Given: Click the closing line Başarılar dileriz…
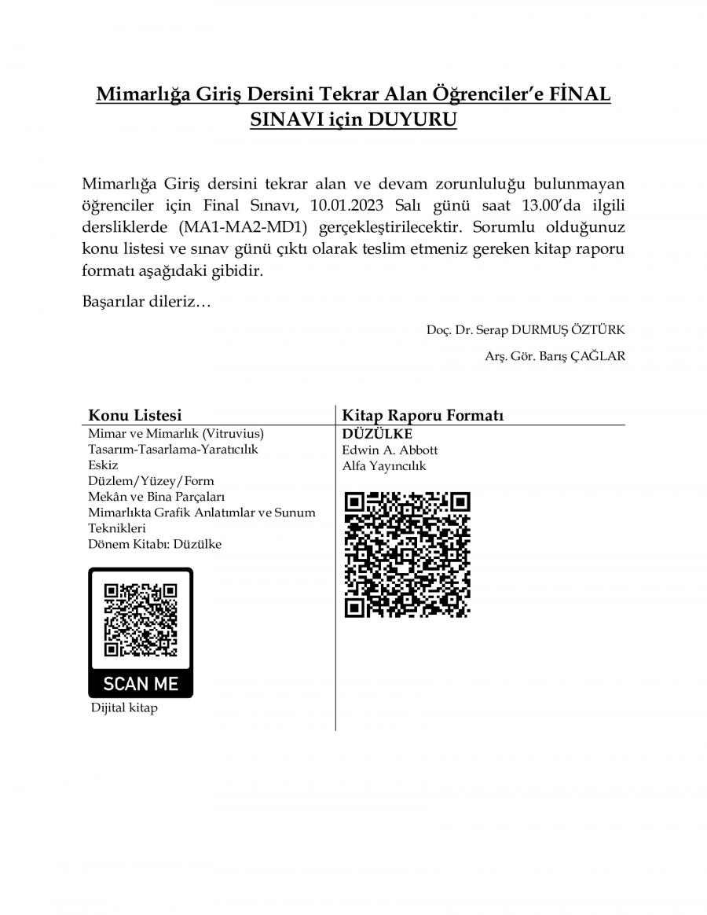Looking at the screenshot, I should (x=146, y=303).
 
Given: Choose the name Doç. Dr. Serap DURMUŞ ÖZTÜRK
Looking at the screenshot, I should (x=526, y=330).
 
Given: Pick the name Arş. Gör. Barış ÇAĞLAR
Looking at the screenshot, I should (x=555, y=355).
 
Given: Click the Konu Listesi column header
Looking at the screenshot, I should (x=134, y=415).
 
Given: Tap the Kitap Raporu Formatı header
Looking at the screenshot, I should (x=422, y=415).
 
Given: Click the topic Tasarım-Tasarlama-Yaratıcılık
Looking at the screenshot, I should (x=173, y=449).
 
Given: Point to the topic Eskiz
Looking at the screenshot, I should (x=103, y=465).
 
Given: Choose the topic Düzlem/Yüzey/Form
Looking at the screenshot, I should (x=151, y=480).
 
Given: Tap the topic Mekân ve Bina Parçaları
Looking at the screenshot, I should (x=157, y=496).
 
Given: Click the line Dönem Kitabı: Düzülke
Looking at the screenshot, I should (x=155, y=544).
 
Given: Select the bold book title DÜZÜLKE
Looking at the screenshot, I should (x=377, y=434).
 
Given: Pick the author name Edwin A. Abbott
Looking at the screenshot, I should (x=390, y=450).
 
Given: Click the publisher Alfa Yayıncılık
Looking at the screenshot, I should (x=384, y=465).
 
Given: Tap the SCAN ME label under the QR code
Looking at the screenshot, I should (x=141, y=682).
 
